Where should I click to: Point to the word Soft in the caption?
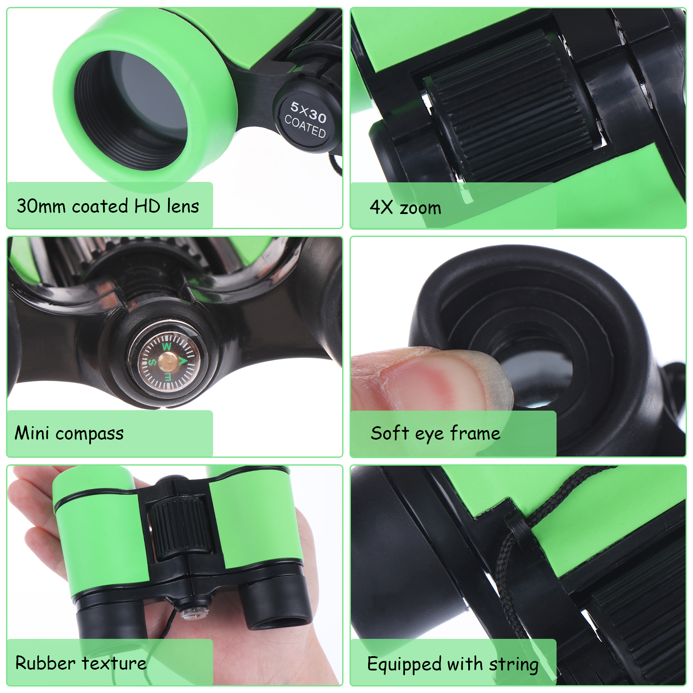click(x=389, y=433)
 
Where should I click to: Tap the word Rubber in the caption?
click(x=45, y=663)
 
